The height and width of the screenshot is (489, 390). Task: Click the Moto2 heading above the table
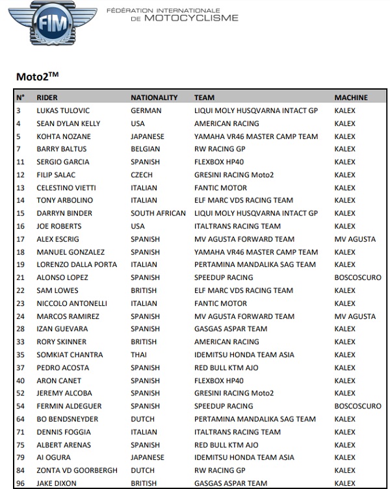pyautogui.click(x=33, y=77)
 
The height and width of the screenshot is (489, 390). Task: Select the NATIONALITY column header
pyautogui.click(x=154, y=97)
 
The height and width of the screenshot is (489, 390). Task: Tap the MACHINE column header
pyautogui.click(x=351, y=97)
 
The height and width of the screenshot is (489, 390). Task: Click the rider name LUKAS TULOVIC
pyautogui.click(x=62, y=110)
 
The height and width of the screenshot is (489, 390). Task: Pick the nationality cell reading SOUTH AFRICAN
pyautogui.click(x=158, y=213)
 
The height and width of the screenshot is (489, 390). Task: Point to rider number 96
pyautogui.click(x=20, y=483)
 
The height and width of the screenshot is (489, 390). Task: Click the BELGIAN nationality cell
pyautogui.click(x=146, y=149)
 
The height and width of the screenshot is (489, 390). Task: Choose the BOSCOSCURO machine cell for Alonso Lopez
pyautogui.click(x=357, y=277)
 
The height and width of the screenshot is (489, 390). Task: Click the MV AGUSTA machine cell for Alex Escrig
pyautogui.click(x=355, y=239)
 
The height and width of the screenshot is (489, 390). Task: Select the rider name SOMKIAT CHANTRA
pyautogui.click(x=70, y=355)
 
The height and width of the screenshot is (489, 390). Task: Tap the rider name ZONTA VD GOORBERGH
pyautogui.click(x=77, y=470)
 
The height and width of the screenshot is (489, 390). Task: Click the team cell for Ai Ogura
pyautogui.click(x=244, y=457)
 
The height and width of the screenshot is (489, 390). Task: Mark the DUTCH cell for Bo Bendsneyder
pyautogui.click(x=142, y=419)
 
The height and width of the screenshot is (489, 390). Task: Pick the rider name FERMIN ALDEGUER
pyautogui.click(x=68, y=406)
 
